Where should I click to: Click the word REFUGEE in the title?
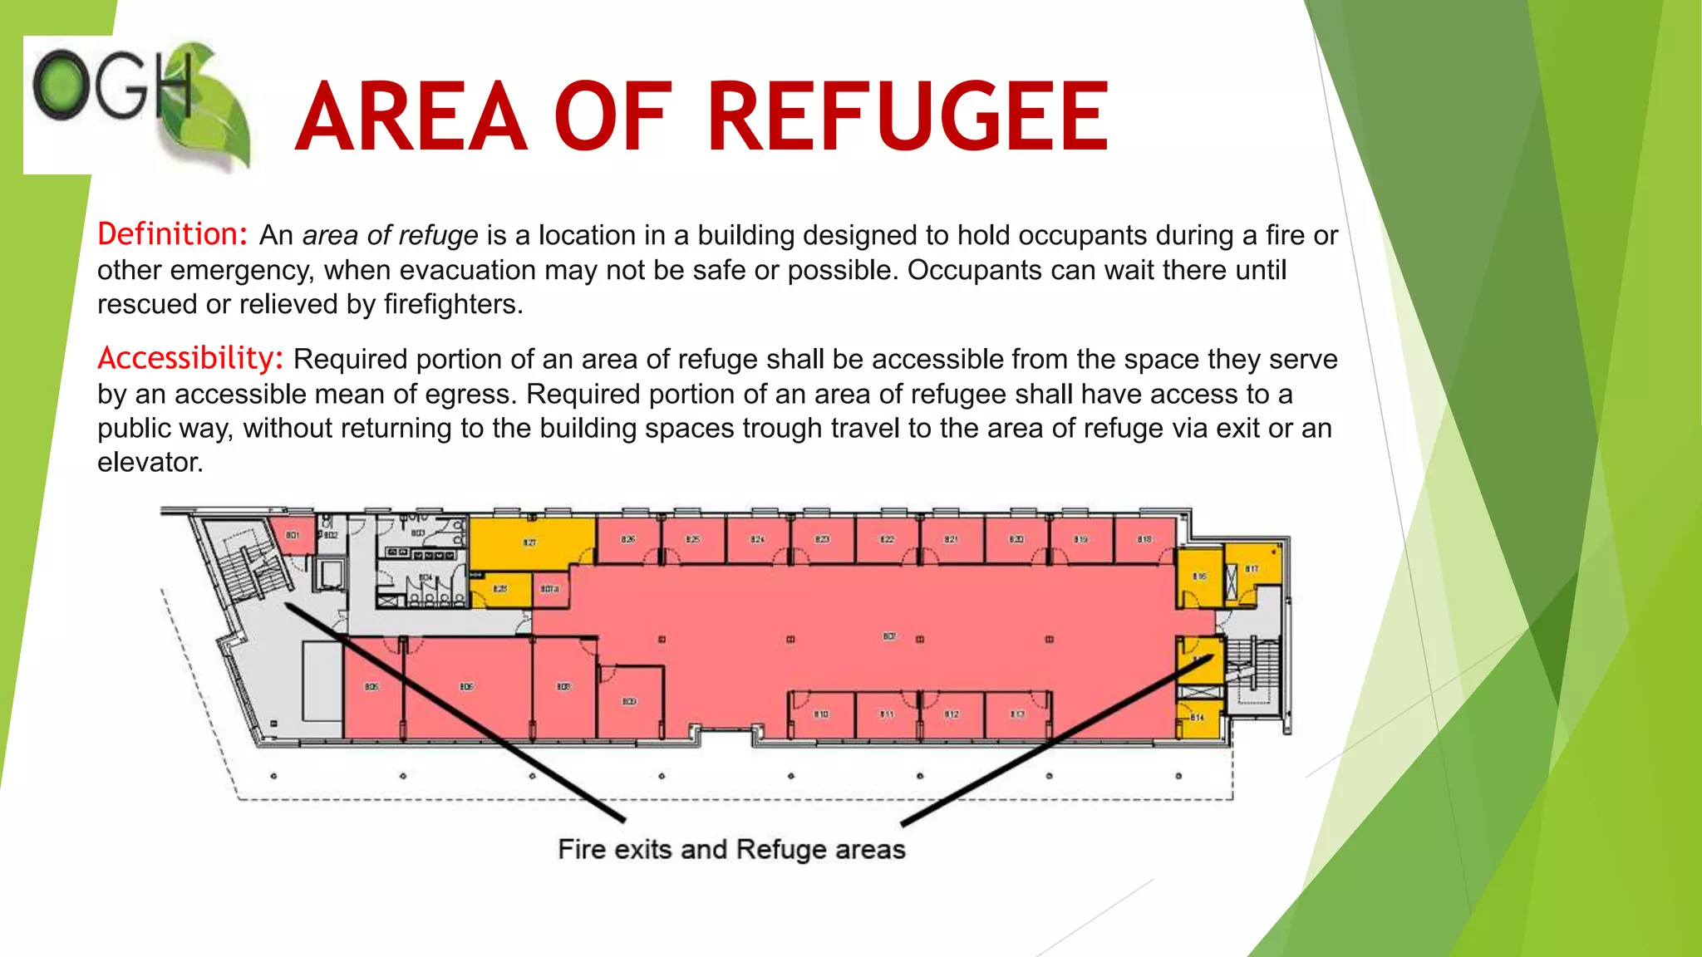pos(908,117)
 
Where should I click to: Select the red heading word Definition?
pos(172,235)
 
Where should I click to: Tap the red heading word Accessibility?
pos(190,359)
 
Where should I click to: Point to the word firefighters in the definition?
pos(452,305)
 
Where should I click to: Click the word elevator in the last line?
pos(150,463)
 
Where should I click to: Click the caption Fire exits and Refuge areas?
pos(731,849)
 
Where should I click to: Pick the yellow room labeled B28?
pos(500,589)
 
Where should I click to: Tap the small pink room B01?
pos(293,535)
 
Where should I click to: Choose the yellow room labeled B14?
pos(1198,717)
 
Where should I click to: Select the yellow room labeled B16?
pos(1199,575)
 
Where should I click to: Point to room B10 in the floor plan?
pos(821,714)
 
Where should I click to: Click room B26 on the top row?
pos(628,540)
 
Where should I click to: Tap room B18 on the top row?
pos(1145,540)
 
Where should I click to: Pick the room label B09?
pos(630,702)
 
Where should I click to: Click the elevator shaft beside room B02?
pos(332,574)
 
